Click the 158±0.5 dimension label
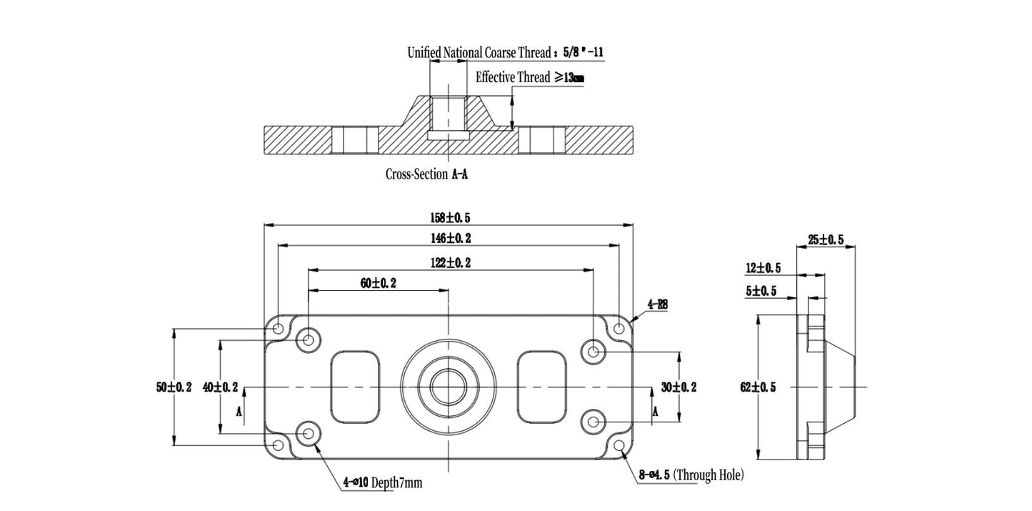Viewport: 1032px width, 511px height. pos(449,217)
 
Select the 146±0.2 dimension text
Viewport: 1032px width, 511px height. pos(449,237)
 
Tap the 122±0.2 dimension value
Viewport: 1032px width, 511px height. pos(449,262)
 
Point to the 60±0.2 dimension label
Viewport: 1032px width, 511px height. pos(378,283)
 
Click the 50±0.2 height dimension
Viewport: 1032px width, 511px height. pos(174,387)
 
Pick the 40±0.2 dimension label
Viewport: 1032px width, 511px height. pos(221,387)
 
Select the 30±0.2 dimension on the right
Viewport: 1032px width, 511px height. pos(678,387)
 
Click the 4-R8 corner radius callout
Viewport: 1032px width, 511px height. pos(658,304)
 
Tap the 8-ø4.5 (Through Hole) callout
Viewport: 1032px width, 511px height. pos(691,475)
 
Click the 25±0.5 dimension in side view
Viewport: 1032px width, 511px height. pos(826,240)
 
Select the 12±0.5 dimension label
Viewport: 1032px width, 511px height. pos(763,268)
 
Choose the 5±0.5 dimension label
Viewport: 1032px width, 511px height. pos(763,291)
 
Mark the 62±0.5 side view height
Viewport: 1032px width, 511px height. pos(758,387)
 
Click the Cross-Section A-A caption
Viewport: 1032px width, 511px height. pos(427,174)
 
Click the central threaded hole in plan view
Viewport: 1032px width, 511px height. pos(449,387)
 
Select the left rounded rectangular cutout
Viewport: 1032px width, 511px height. pos(355,386)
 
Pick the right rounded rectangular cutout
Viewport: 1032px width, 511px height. pos(543,386)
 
